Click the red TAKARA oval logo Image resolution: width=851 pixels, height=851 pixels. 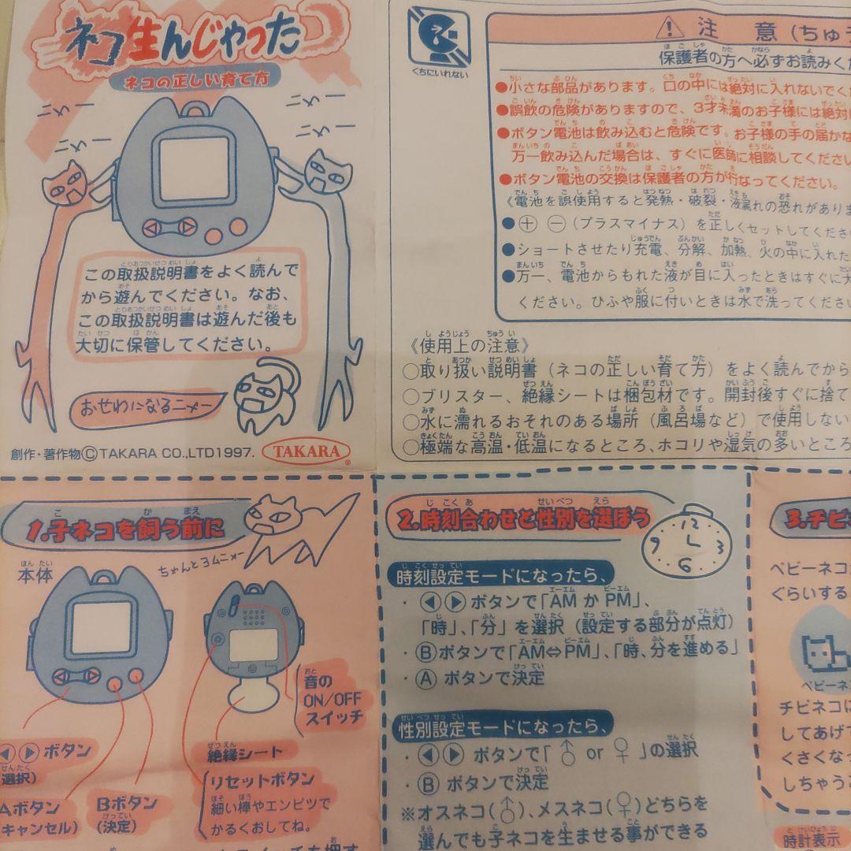coord(312,452)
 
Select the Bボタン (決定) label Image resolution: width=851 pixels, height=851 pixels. coord(126,814)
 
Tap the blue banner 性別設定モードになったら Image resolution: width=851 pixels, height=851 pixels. coord(504,724)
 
